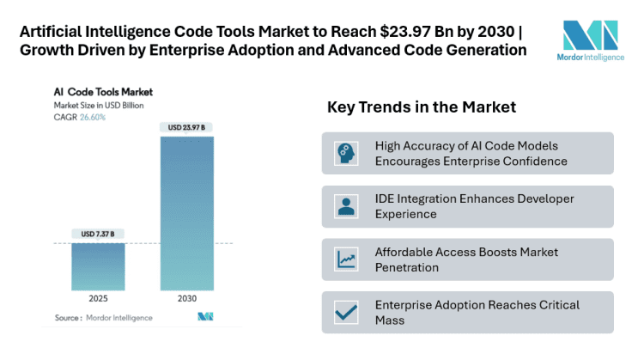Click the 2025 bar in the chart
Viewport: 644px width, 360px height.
coord(99,265)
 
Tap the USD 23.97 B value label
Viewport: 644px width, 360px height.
coord(187,127)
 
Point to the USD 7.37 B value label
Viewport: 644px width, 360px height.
coord(99,234)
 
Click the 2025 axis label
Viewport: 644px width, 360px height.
coord(99,300)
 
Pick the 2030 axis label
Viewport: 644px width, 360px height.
coord(187,300)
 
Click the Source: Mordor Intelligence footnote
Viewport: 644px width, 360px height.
coord(103,318)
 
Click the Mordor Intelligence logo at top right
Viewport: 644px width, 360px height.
coord(590,43)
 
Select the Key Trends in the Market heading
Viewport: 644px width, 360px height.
coord(421,107)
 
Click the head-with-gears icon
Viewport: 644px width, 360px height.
coord(346,153)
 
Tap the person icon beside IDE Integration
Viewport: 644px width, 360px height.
coord(346,206)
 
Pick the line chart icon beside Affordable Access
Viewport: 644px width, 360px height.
coord(346,259)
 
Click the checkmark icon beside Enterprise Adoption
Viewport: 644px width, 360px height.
coord(346,312)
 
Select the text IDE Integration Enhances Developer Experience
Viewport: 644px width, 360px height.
coord(474,206)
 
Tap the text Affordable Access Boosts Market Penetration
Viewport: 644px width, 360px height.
coord(466,259)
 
